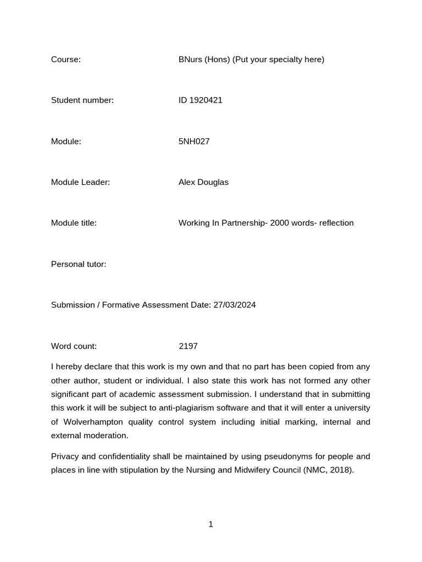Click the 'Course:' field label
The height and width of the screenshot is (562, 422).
pyautogui.click(x=66, y=59)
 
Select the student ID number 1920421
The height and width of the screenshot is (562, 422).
pyautogui.click(x=206, y=100)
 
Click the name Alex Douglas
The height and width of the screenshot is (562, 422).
pyautogui.click(x=203, y=182)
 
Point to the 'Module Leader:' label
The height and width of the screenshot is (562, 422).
pyautogui.click(x=80, y=182)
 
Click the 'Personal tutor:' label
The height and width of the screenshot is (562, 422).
pyautogui.click(x=79, y=264)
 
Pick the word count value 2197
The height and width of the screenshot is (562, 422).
pyautogui.click(x=188, y=346)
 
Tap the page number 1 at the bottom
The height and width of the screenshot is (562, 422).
pyautogui.click(x=211, y=525)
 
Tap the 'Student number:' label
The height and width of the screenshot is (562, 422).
pyautogui.click(x=82, y=100)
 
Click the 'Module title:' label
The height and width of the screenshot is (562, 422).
pyautogui.click(x=74, y=223)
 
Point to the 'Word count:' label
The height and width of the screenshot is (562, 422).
pyautogui.click(x=74, y=346)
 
